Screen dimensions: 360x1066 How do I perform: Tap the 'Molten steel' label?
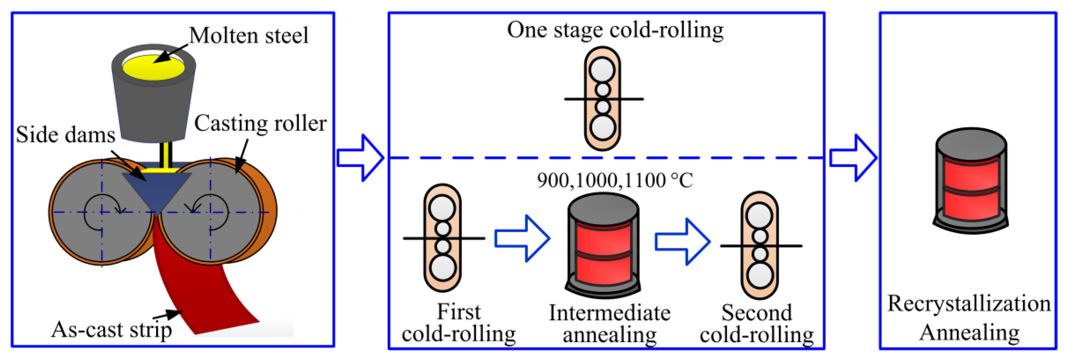pos(249,36)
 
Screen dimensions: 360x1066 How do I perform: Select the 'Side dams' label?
pos(66,135)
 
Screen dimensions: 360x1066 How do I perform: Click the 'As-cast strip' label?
pos(111,330)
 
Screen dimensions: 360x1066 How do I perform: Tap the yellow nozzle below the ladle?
pos(166,155)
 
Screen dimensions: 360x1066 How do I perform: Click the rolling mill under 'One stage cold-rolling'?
pos(602,98)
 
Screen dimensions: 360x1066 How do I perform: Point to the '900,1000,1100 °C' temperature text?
pos(615,180)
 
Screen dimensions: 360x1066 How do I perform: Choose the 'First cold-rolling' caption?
pos(458,323)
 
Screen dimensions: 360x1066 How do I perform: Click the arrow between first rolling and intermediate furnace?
pos(523,238)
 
